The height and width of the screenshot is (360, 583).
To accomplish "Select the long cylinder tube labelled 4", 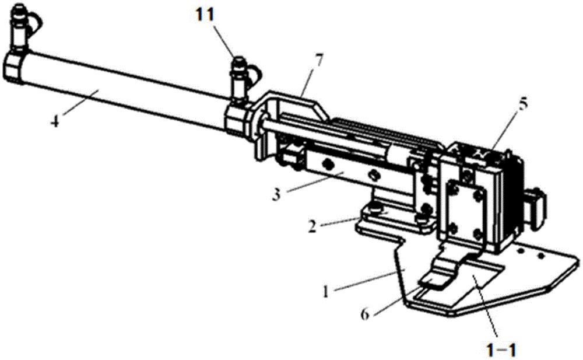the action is [117, 88].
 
